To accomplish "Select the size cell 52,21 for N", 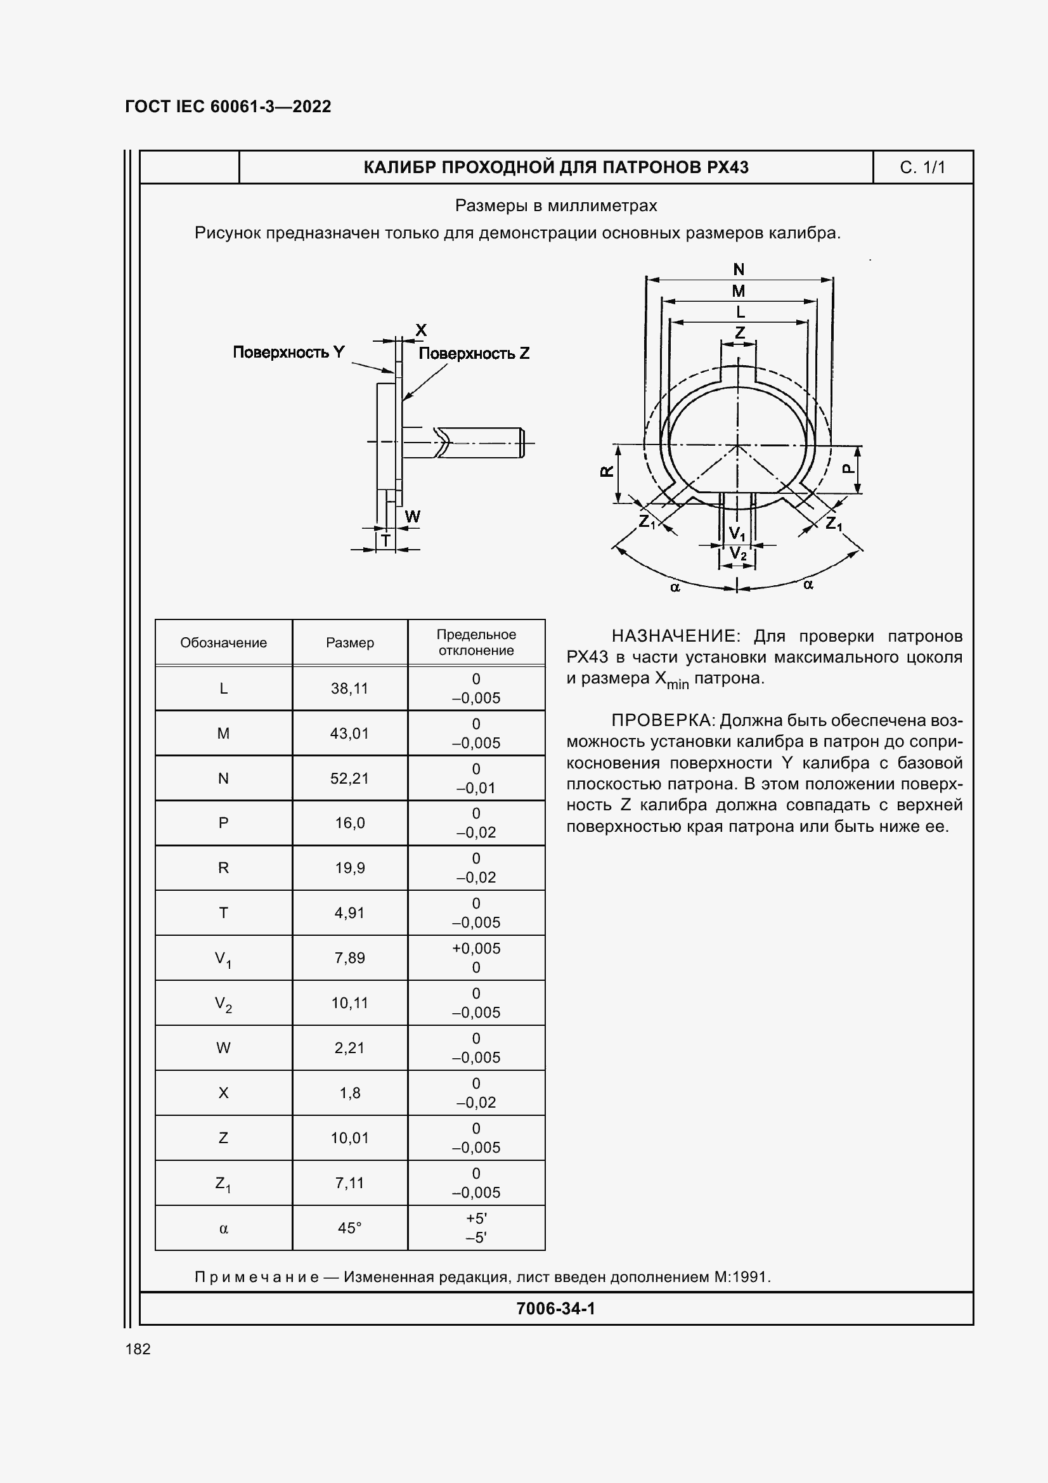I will [349, 779].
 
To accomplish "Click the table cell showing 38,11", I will [349, 689].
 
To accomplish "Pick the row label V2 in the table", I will [223, 1004].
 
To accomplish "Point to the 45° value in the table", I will [349, 1228].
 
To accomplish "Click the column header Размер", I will [349, 643].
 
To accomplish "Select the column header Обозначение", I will [223, 643].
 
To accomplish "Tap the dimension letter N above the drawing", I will [739, 269].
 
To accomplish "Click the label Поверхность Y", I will [288, 352].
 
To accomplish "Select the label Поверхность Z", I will [474, 353].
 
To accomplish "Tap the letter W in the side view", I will [412, 517].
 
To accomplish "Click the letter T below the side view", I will [385, 540].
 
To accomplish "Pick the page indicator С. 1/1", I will [922, 168].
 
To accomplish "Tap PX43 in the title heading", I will [727, 168].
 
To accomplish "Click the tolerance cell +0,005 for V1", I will [476, 948].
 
